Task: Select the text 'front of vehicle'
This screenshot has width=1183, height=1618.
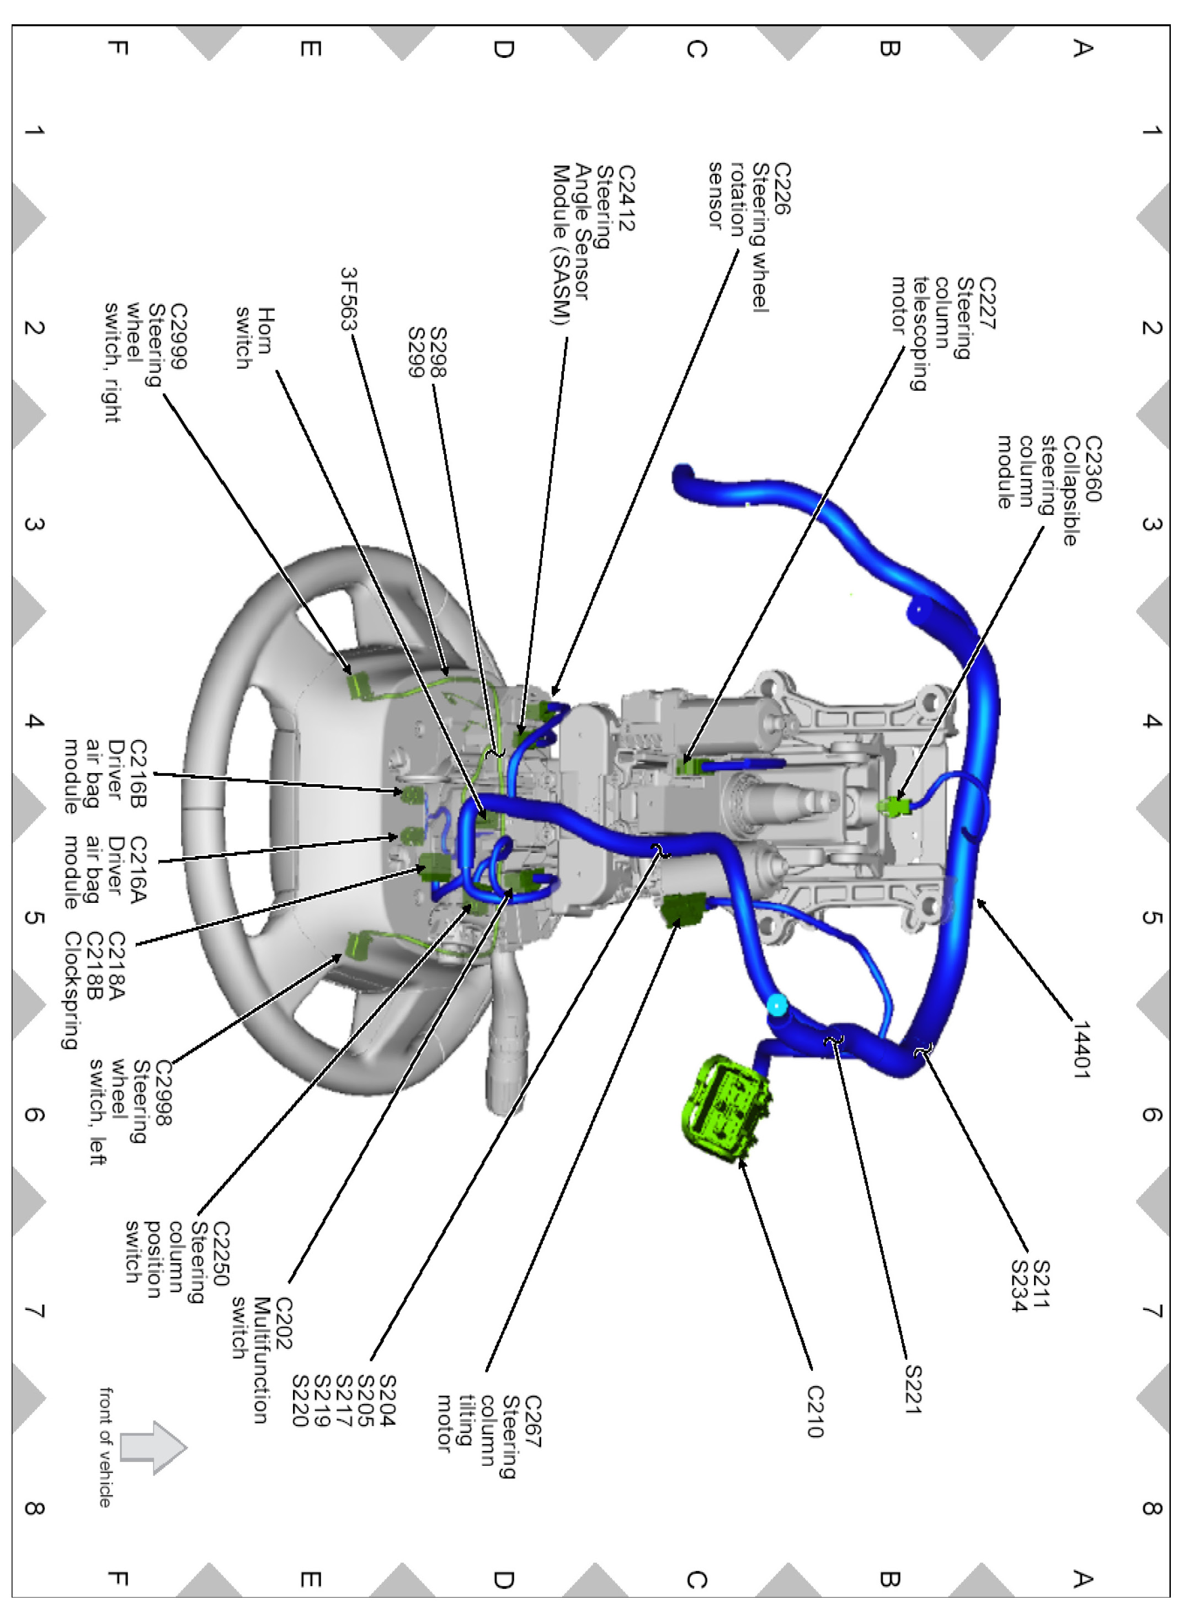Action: click(x=106, y=1447)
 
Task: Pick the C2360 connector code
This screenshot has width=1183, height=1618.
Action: click(x=1093, y=469)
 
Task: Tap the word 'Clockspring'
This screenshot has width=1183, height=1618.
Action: click(x=72, y=990)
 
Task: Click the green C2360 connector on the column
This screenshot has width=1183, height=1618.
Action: click(x=895, y=806)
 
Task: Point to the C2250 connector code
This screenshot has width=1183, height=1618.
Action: click(x=221, y=1253)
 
